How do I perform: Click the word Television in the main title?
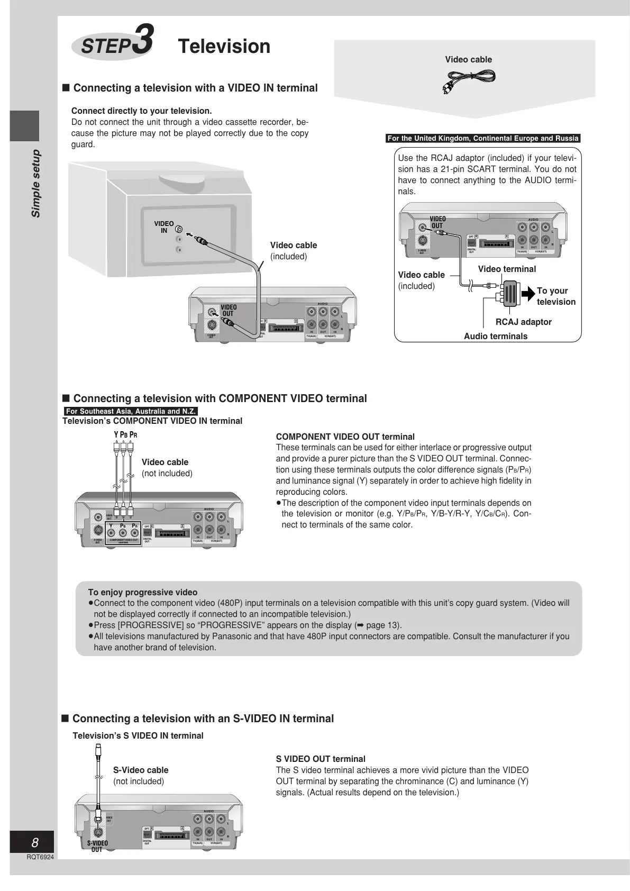[x=224, y=47]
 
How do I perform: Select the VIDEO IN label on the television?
[x=164, y=227]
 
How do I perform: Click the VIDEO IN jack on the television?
[x=179, y=230]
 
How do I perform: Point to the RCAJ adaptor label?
[x=523, y=322]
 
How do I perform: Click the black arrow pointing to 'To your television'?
[x=528, y=294]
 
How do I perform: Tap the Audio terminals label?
[x=495, y=336]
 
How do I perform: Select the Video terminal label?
[x=507, y=269]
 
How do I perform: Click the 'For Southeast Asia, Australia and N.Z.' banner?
[x=131, y=411]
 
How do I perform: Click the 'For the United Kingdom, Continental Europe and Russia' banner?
[x=483, y=139]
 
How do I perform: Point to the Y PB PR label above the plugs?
[x=125, y=435]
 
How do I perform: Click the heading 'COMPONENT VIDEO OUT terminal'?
[x=345, y=437]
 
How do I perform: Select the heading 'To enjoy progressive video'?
[x=143, y=592]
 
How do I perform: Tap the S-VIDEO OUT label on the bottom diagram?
[x=97, y=846]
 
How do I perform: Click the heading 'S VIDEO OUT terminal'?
[x=321, y=759]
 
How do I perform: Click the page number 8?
[x=35, y=843]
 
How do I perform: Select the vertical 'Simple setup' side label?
[x=35, y=183]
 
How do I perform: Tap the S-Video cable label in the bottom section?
[x=141, y=770]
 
